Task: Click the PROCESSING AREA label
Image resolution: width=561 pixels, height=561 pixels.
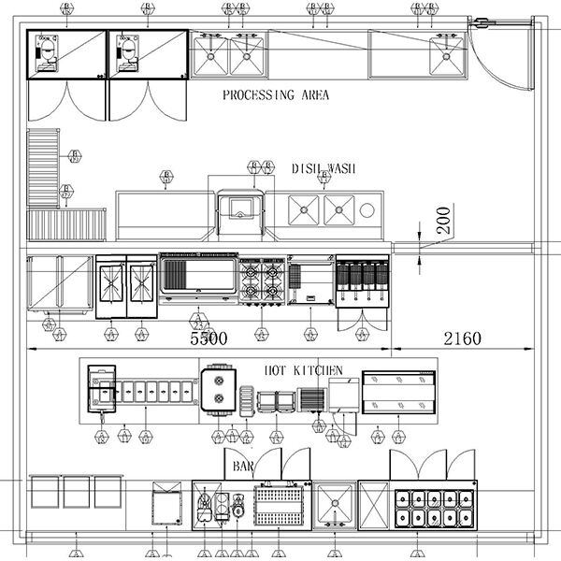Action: [x=276, y=95]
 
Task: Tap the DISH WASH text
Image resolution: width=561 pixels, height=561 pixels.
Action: [x=324, y=168]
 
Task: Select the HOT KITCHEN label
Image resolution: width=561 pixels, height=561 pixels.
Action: [x=304, y=371]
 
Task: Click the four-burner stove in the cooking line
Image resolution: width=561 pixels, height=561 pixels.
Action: [x=263, y=280]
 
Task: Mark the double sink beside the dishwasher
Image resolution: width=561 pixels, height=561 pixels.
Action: [x=323, y=210]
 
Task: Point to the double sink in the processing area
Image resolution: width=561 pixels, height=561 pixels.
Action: [x=230, y=53]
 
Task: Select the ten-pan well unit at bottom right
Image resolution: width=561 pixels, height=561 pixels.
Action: [x=433, y=506]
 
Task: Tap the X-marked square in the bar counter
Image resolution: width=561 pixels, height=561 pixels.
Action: [x=373, y=505]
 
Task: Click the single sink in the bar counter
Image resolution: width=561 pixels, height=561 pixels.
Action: [x=334, y=505]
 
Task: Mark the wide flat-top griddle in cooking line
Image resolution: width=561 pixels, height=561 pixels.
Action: [x=198, y=278]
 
